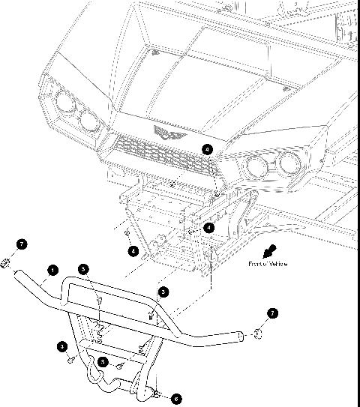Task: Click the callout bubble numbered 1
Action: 52,268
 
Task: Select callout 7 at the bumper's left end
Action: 21,244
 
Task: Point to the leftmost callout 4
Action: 132,250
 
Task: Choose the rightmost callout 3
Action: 163,291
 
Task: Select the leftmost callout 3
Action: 62,346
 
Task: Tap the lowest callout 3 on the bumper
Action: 118,363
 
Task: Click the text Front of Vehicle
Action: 268,264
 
